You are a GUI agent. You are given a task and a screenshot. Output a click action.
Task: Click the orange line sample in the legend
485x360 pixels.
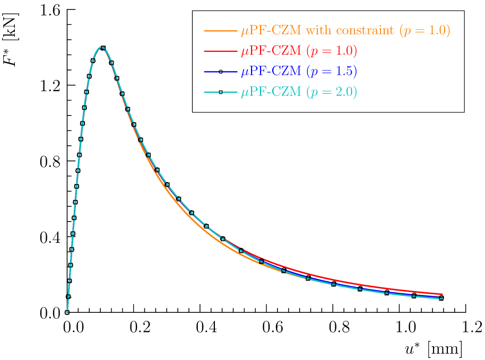(220, 31)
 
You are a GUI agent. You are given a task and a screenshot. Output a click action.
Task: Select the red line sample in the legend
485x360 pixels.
(220, 51)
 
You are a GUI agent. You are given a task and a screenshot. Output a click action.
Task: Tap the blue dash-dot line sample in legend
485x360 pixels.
(220, 72)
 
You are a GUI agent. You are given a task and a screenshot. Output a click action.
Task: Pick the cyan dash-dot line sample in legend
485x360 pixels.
(220, 92)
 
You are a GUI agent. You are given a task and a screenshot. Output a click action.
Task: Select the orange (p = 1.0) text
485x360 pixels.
(425, 31)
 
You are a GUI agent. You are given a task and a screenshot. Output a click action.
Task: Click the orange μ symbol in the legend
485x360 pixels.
(245, 32)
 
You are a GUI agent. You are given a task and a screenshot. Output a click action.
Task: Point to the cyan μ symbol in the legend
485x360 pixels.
(245, 93)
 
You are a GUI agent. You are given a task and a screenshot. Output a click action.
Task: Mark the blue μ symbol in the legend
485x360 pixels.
(245, 73)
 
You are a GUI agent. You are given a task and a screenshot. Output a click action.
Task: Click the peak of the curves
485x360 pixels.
(101, 47)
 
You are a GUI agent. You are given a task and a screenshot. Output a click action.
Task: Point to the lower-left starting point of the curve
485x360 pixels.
(67, 312)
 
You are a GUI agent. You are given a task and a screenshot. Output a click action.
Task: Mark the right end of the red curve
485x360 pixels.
(443, 294)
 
